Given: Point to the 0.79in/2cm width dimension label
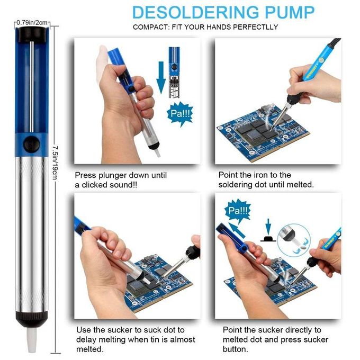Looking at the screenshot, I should coord(32,23).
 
